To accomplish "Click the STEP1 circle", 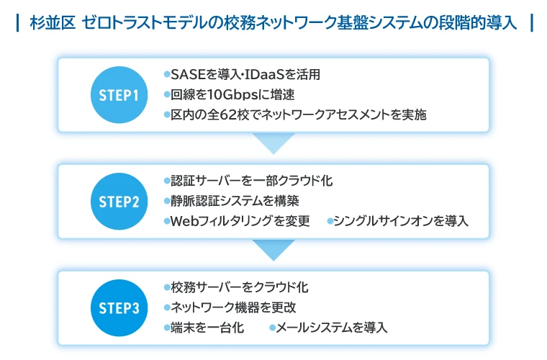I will tap(119, 95).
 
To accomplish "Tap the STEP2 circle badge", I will tap(119, 202).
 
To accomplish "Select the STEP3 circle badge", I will tap(119, 308).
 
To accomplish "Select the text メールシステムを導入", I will tap(332, 328).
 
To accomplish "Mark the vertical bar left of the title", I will tap(17, 23).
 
